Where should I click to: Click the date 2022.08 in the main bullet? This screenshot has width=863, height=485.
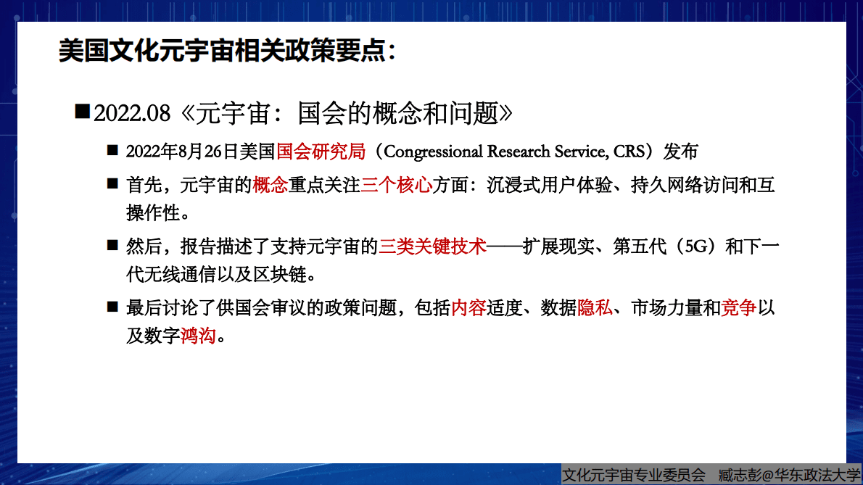coord(132,113)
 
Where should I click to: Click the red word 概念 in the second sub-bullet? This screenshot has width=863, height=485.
coord(270,185)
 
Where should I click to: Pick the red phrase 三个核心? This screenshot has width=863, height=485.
coord(396,185)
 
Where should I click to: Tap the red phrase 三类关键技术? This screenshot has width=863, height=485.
coord(431,246)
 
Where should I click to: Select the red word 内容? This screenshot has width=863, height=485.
coord(468,309)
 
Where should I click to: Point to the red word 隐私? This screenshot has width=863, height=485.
coord(595,309)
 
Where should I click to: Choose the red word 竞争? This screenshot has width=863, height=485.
coord(739,309)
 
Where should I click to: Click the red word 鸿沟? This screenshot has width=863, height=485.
coord(198,336)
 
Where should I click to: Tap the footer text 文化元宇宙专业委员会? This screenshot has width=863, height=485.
coord(634,475)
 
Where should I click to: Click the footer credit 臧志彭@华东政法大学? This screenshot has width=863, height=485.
coord(789,475)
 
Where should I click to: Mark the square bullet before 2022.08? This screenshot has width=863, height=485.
coord(82,112)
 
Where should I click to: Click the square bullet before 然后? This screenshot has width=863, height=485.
coord(112,246)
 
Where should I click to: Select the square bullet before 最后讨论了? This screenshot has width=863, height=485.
coord(112,307)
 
